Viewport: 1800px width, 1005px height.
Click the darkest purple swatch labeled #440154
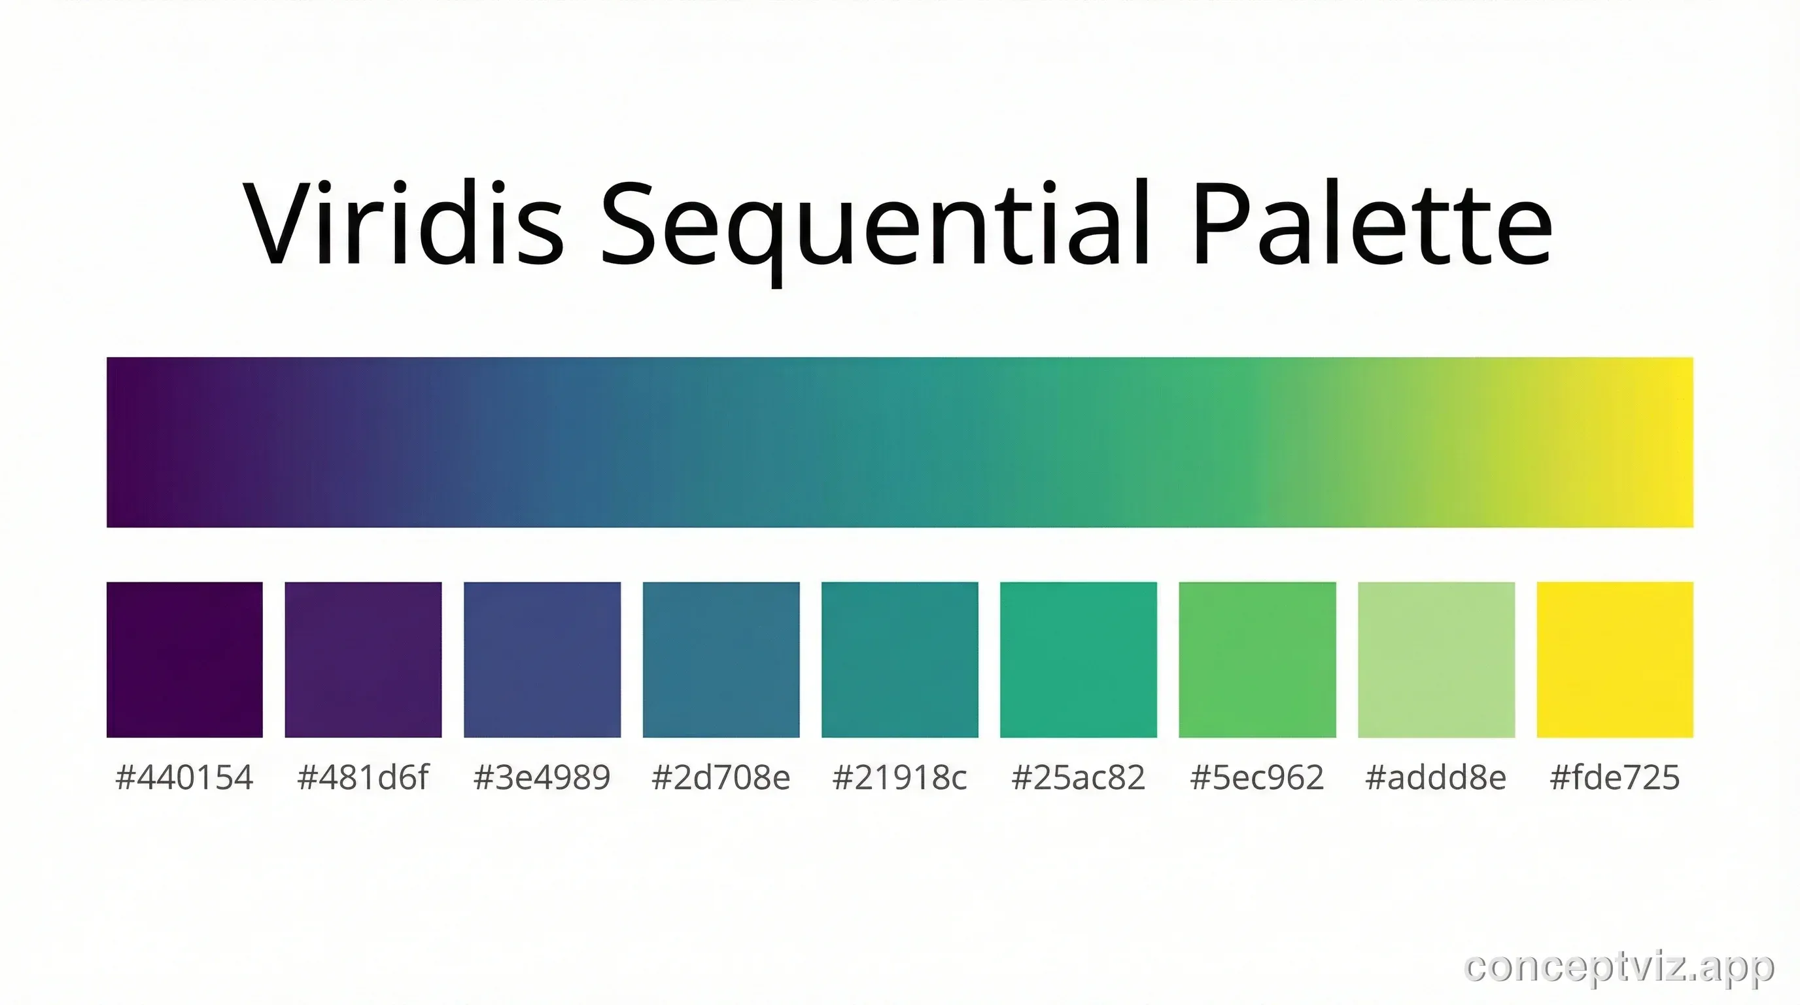tap(184, 659)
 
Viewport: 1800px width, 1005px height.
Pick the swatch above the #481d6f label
tap(364, 659)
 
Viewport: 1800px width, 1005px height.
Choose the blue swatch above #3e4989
tap(542, 659)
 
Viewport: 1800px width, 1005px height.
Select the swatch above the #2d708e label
tap(721, 659)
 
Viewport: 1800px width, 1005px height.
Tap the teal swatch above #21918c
tap(900, 659)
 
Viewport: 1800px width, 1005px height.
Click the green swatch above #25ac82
tap(1078, 659)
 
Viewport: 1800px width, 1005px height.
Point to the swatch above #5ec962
tap(1257, 659)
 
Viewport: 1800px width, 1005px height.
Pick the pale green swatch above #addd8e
tap(1436, 659)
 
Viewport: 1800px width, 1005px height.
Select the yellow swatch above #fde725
tap(1615, 659)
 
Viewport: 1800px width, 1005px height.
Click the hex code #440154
tap(184, 777)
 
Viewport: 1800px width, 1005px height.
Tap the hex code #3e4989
tap(542, 777)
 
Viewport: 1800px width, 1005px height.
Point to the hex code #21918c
tap(900, 777)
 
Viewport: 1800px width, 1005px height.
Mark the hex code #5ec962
tap(1257, 777)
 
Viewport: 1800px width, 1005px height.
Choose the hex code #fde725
tap(1615, 777)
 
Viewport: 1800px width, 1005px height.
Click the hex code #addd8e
tap(1436, 777)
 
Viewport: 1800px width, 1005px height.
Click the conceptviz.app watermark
tap(1618, 967)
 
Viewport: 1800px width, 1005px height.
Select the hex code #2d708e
tap(721, 777)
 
